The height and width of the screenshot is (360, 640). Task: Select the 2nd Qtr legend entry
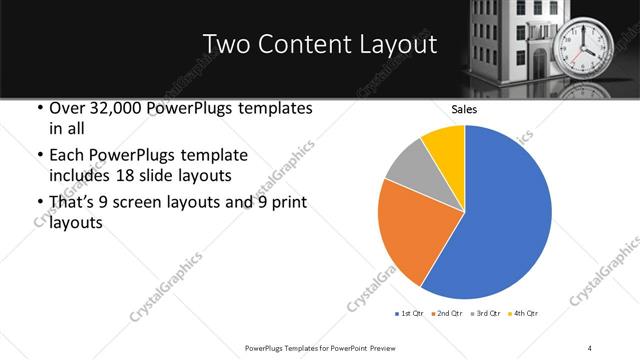pyautogui.click(x=445, y=314)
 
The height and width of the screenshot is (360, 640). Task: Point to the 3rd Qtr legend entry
pyautogui.click(x=485, y=314)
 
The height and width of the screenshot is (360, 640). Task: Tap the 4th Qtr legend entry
pyautogui.click(x=524, y=314)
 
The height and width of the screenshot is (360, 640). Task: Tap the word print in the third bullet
pyautogui.click(x=285, y=202)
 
